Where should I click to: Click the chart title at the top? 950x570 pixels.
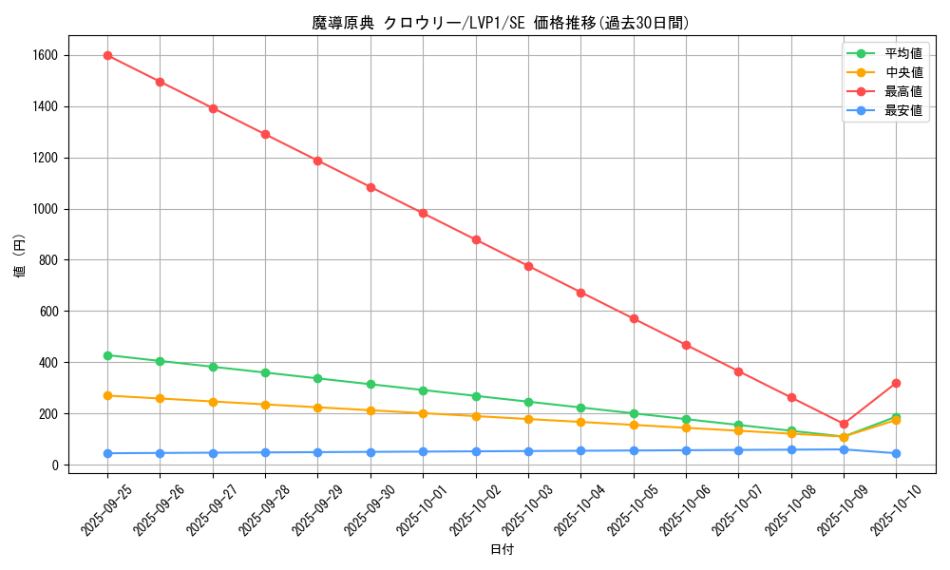501,23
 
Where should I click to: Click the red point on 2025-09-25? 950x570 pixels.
107,55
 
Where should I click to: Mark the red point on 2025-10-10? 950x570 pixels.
896,383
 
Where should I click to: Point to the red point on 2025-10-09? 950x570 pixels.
844,424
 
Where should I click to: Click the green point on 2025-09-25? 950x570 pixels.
107,355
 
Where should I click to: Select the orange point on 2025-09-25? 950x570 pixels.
107,395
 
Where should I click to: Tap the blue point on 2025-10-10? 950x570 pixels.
896,453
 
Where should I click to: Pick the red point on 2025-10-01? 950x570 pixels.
423,213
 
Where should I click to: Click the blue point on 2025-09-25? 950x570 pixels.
107,453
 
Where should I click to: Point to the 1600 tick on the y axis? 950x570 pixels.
45,55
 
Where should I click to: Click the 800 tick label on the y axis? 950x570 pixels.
48,260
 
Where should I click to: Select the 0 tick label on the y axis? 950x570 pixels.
56,465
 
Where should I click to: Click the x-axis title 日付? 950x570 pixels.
502,550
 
